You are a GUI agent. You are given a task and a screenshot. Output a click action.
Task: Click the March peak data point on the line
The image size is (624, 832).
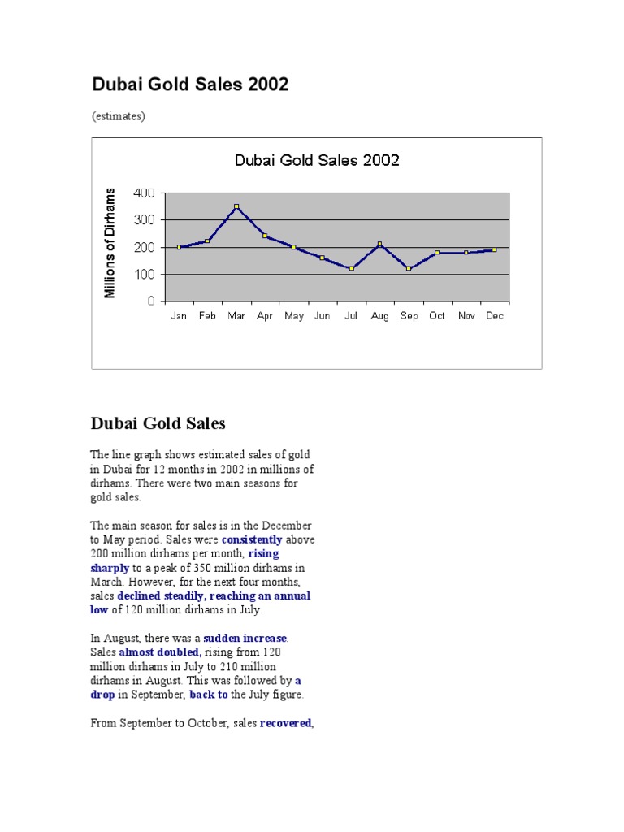pyautogui.click(x=236, y=206)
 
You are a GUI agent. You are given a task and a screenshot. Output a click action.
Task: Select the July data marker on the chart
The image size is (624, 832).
pyautogui.click(x=351, y=268)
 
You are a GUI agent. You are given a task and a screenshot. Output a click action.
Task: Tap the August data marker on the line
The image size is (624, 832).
pyautogui.click(x=379, y=244)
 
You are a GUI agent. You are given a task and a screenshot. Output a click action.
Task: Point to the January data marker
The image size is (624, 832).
pyautogui.click(x=179, y=247)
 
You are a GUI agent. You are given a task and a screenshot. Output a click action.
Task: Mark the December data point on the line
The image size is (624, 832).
pyautogui.click(x=494, y=249)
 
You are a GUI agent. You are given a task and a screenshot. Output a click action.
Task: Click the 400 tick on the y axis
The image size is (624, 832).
pyautogui.click(x=144, y=193)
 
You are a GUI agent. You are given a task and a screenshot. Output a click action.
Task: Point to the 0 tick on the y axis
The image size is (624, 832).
pyautogui.click(x=151, y=301)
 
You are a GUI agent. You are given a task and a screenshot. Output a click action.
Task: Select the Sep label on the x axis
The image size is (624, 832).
pyautogui.click(x=409, y=316)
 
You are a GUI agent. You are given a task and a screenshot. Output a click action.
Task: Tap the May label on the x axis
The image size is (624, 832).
pyautogui.click(x=293, y=316)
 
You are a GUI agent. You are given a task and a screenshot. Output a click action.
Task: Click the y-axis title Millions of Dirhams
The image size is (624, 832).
pyautogui.click(x=111, y=243)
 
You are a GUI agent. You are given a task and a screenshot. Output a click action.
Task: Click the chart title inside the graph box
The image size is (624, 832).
pyautogui.click(x=317, y=160)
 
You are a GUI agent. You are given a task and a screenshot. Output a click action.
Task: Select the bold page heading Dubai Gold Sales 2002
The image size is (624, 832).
pyautogui.click(x=189, y=84)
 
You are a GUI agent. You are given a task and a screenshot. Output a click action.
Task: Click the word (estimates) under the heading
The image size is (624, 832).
pyautogui.click(x=119, y=116)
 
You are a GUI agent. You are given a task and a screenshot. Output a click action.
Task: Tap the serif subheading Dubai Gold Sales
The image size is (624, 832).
pyautogui.click(x=158, y=423)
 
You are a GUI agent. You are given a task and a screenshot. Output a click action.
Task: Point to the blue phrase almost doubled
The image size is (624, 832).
pyautogui.click(x=160, y=652)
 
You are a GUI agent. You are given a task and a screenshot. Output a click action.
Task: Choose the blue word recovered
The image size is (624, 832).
pyautogui.click(x=285, y=723)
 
